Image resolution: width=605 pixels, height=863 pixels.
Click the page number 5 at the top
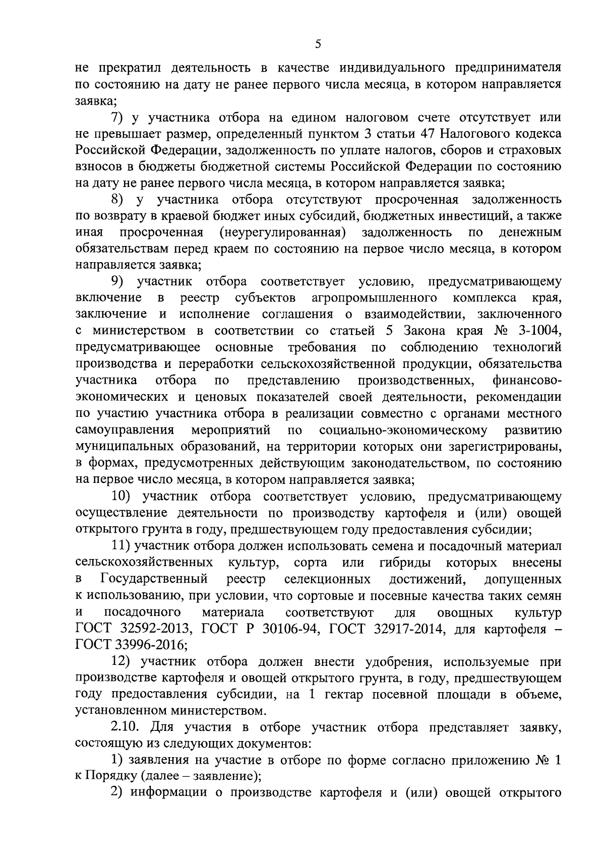tap(318, 44)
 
